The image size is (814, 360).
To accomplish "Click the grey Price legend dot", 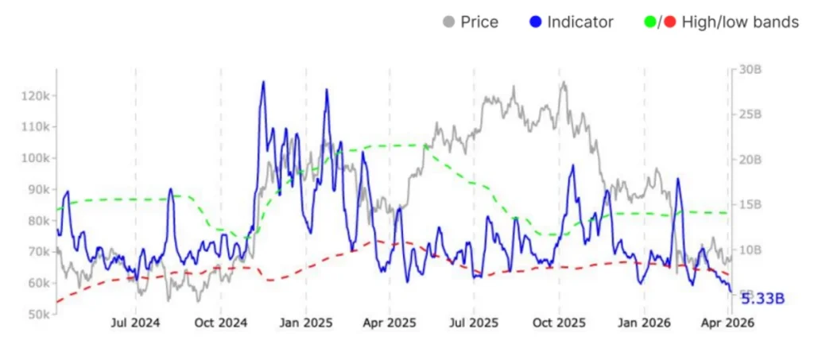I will click(x=449, y=22).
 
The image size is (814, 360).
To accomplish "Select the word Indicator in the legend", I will click(x=580, y=22).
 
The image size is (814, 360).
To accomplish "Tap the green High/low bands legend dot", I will click(x=650, y=22).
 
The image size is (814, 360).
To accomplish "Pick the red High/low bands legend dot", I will click(x=669, y=22).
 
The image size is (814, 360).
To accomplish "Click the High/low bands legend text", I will click(x=740, y=22).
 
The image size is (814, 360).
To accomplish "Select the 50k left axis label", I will click(x=37, y=315).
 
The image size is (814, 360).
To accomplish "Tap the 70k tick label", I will click(x=37, y=252).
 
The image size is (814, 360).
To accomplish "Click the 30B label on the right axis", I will click(x=748, y=69).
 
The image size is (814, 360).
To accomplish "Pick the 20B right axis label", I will click(x=748, y=159).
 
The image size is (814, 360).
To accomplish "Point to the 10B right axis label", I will click(x=748, y=250).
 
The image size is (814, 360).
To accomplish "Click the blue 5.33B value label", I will click(x=763, y=298).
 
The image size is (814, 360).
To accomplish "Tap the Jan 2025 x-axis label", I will click(x=305, y=323).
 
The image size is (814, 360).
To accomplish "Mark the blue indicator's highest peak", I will click(x=262, y=82).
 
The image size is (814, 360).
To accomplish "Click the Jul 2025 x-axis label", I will click(x=474, y=323).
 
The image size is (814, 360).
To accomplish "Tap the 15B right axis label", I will click(x=748, y=204).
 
